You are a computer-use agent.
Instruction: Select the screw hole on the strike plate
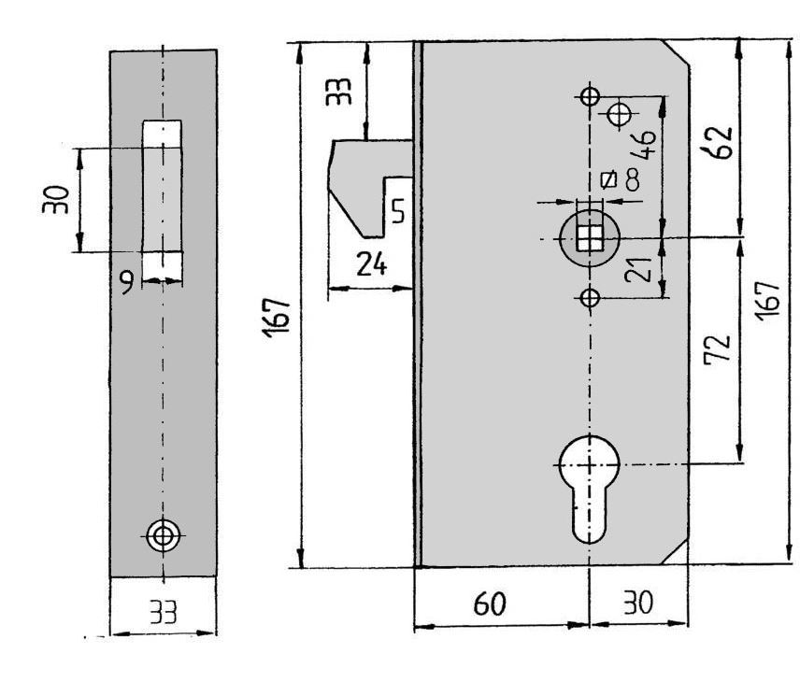163,535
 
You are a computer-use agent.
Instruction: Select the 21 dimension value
637,271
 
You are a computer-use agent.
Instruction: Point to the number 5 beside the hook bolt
397,213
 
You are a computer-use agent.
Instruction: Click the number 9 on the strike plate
127,278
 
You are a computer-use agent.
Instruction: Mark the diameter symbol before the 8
608,178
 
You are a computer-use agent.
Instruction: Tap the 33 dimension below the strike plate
164,612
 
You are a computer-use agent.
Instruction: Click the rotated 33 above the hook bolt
341,92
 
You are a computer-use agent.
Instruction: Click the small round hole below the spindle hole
588,298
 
